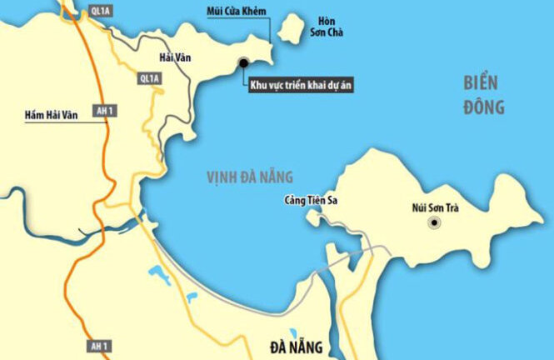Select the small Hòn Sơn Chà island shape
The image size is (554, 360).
pos(290,29)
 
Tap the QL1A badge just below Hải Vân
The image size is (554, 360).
pos(150,77)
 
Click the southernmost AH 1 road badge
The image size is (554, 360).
pos(99,345)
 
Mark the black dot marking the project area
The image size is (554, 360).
pos(243,62)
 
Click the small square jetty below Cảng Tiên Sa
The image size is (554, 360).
pos(312,215)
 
